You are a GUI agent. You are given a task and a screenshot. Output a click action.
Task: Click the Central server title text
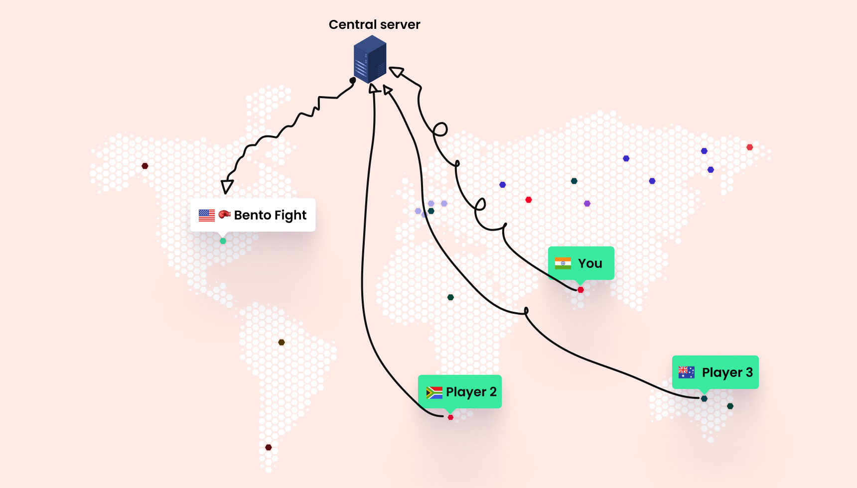[x=374, y=25]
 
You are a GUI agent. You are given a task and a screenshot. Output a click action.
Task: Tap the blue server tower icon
[x=370, y=59]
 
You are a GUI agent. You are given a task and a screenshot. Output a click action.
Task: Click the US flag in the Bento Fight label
[x=207, y=215]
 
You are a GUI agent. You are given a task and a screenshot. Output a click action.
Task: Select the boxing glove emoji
[x=224, y=214]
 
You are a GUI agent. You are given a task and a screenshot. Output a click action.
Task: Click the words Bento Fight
[x=270, y=215]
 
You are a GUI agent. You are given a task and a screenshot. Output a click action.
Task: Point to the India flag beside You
[x=563, y=263]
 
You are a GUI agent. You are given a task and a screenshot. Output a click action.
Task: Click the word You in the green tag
[x=590, y=263]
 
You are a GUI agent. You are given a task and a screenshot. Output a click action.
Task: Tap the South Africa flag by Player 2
[x=434, y=392]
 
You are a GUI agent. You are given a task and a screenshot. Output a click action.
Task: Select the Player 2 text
[x=471, y=392]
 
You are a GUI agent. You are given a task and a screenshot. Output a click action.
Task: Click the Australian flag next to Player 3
[x=686, y=372]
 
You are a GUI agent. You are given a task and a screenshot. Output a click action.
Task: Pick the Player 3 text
[x=727, y=372]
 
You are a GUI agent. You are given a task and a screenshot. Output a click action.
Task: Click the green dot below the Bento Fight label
[x=223, y=241]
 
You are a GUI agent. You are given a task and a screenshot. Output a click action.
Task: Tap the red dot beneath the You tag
[x=580, y=290]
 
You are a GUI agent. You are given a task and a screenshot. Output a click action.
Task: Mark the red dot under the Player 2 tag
[x=450, y=417]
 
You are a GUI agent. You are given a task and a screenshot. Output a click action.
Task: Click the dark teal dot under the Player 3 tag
[x=704, y=398]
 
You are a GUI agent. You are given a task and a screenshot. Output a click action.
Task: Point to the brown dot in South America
[x=282, y=342]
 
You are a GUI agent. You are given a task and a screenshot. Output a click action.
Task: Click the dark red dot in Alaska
[x=145, y=166]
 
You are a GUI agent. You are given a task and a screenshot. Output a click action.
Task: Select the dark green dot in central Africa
[x=450, y=297]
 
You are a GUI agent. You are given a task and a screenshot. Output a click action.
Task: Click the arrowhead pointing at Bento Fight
[x=227, y=187]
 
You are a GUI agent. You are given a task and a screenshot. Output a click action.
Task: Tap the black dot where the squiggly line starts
[x=353, y=80]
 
